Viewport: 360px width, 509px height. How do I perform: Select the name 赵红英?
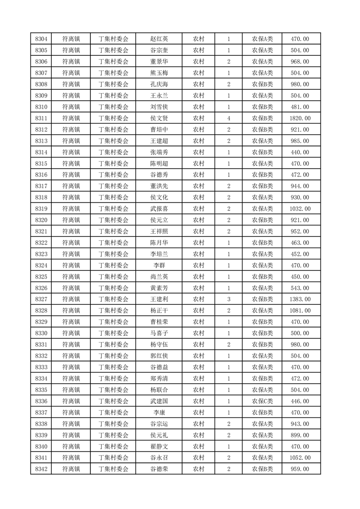159,39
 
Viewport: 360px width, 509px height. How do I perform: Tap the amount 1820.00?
301,118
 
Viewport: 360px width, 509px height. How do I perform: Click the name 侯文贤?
159,118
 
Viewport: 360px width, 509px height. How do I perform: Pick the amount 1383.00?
301,299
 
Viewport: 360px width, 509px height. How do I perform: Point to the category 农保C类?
262,401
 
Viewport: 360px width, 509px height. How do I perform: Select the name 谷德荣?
159,469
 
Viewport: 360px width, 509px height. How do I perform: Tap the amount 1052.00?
301,458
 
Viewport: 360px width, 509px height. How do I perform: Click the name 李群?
159,265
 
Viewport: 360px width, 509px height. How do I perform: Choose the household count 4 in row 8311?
228,118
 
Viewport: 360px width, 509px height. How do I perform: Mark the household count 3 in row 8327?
228,299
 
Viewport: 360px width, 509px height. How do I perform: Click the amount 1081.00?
301,311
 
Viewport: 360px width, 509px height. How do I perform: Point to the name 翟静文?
159,446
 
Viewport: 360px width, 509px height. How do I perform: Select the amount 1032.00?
301,209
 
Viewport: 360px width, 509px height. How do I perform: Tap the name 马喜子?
159,333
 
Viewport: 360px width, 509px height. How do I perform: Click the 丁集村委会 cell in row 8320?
113,220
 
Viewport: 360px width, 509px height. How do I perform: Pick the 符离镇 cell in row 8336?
71,401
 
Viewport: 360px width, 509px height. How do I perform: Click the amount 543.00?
301,288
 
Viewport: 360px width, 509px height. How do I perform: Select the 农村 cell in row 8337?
198,412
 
